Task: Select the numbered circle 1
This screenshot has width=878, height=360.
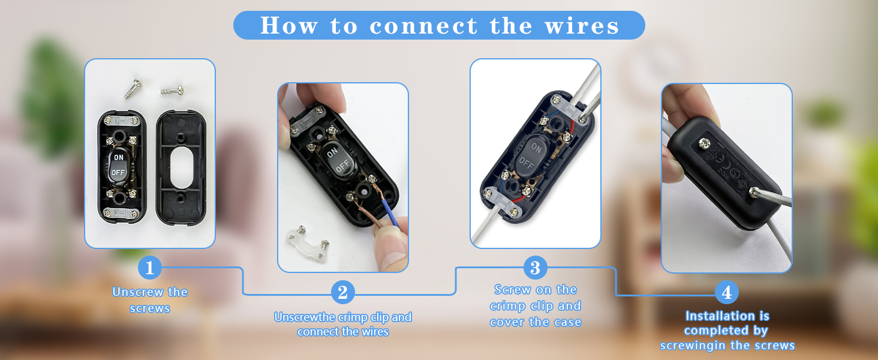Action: click(149, 268)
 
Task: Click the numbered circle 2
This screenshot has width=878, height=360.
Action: click(342, 292)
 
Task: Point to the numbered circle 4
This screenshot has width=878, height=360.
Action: click(727, 292)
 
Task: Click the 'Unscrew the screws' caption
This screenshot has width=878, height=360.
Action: click(150, 300)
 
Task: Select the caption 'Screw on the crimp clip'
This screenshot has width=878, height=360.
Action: click(535, 298)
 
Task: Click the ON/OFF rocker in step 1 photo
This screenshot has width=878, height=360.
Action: click(118, 164)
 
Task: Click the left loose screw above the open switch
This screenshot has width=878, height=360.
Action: click(132, 89)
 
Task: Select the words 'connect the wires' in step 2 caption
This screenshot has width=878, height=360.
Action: click(342, 332)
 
